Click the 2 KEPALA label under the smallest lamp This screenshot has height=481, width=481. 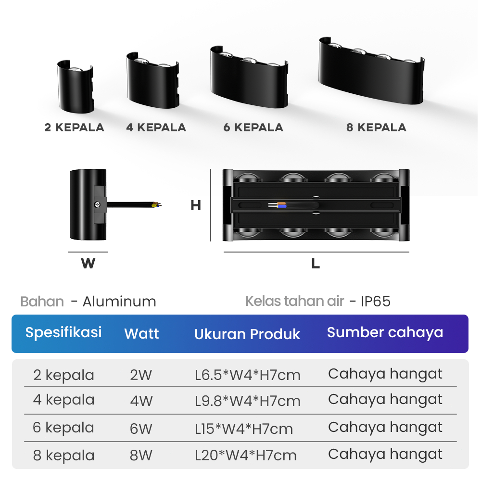click(74, 127)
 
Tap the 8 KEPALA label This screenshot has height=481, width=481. click(376, 127)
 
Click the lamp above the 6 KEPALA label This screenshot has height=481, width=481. click(249, 76)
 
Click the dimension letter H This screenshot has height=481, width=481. click(195, 205)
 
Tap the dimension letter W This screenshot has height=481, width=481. click(88, 264)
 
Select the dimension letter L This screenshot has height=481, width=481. click(316, 264)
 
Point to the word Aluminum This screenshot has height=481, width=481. click(119, 302)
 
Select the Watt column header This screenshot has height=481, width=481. click(141, 333)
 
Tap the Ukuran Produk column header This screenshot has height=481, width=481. click(247, 334)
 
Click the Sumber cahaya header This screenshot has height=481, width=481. click(385, 332)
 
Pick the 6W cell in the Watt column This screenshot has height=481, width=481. click(141, 428)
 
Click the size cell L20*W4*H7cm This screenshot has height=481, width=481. click(246, 455)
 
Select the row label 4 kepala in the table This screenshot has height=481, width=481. click(63, 400)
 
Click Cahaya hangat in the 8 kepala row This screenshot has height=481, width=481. click(385, 454)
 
